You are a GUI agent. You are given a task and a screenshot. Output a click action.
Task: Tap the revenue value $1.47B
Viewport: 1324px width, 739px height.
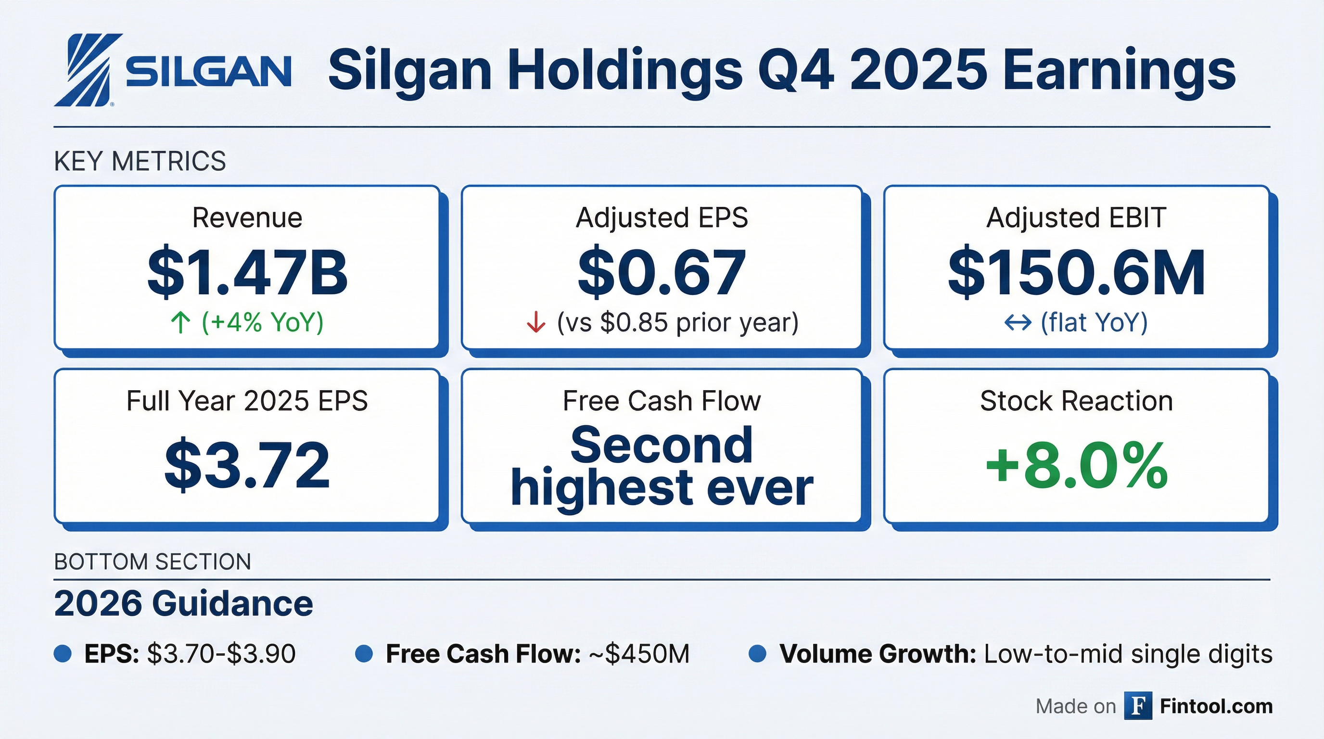247,272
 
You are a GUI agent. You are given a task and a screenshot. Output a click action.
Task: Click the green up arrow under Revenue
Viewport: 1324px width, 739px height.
180,323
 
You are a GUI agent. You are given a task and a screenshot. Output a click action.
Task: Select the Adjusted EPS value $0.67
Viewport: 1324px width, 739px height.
662,272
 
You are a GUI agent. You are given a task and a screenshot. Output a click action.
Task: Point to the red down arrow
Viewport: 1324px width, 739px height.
536,323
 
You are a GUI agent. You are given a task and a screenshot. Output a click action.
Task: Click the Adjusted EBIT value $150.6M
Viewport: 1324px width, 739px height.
1076,272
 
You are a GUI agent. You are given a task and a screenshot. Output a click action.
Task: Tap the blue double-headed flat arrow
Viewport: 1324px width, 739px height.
1018,323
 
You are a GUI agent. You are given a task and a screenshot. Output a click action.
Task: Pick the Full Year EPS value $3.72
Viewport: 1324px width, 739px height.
247,466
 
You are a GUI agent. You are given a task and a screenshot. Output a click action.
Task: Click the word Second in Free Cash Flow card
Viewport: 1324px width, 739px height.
662,445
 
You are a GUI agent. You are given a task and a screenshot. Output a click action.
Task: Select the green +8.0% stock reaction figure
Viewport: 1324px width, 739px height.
1076,466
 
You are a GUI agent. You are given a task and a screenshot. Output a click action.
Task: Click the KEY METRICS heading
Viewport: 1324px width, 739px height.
140,161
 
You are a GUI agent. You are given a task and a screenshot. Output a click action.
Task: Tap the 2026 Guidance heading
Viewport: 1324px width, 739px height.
183,603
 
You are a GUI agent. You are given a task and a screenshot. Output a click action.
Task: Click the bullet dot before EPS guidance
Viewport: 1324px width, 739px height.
63,654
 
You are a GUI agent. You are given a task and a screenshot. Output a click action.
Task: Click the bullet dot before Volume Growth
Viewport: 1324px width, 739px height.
758,654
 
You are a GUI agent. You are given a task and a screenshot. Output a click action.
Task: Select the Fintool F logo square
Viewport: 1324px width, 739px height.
1138,706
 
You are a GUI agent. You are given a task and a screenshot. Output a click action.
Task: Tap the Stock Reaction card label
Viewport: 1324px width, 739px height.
1076,401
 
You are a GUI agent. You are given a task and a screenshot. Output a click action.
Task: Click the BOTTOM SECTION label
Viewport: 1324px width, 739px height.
153,561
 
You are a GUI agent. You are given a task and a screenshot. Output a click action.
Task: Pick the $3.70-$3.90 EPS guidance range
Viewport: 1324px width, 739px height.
221,654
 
